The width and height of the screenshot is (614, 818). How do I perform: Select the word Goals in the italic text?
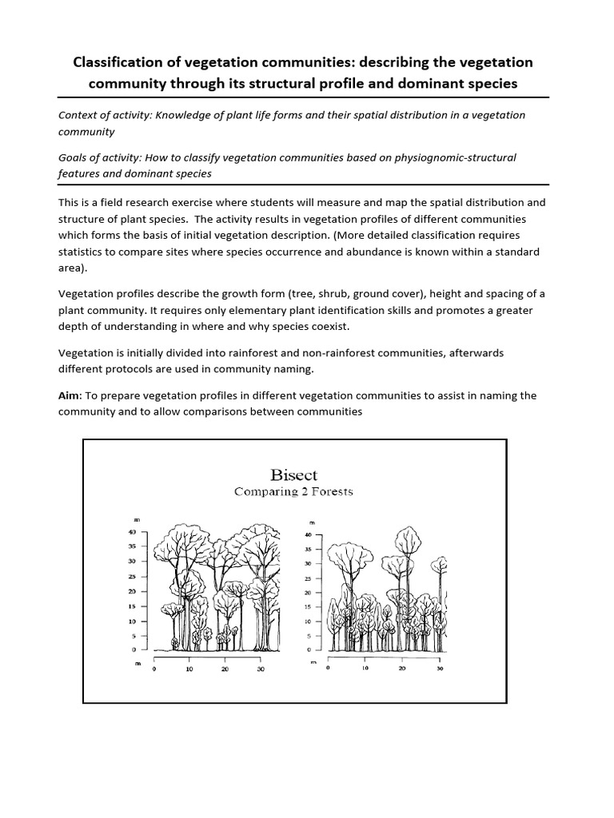[x=74, y=157]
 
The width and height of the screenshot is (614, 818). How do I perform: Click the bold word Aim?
[x=69, y=396]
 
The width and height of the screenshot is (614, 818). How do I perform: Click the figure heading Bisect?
[x=293, y=475]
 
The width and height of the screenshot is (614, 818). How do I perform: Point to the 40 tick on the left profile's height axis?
[x=134, y=531]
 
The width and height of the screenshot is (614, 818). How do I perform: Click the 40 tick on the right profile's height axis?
[x=308, y=534]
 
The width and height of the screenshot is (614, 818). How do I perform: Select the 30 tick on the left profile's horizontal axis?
[x=261, y=669]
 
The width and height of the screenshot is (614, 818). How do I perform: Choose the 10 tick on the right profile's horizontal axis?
[x=365, y=669]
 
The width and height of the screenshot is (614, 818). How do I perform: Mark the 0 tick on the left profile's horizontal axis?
[x=154, y=669]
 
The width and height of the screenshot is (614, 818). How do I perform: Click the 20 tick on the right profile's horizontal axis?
[x=402, y=669]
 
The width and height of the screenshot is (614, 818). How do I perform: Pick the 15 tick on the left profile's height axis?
[x=134, y=606]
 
